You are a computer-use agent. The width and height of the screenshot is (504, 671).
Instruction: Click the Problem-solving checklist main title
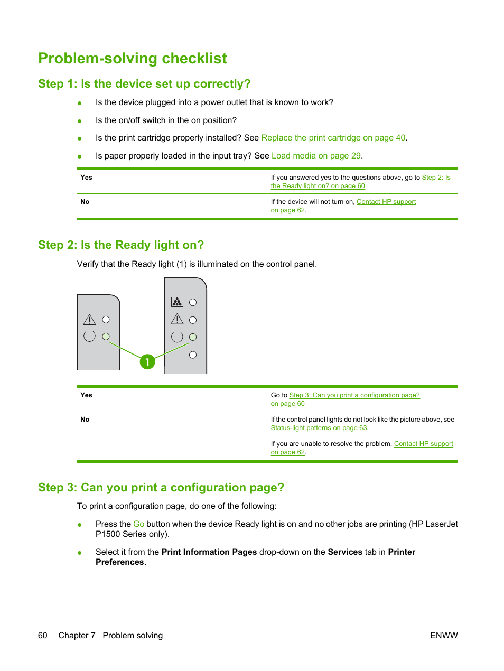[x=133, y=59]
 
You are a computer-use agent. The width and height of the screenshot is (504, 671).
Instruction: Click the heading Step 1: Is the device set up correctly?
[x=144, y=84]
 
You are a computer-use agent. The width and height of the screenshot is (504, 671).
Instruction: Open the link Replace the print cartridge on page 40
[x=333, y=138]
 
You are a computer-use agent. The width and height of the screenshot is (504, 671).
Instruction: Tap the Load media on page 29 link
[x=316, y=156]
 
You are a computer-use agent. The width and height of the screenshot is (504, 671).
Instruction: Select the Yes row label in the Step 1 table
[x=86, y=178]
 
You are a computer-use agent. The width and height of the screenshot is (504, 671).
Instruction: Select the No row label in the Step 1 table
[x=85, y=202]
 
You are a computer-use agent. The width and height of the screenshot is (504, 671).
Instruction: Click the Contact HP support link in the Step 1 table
[x=386, y=202]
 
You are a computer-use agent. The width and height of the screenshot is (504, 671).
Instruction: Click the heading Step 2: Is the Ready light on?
[x=121, y=245]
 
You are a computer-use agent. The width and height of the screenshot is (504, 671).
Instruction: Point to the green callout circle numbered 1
[x=147, y=362]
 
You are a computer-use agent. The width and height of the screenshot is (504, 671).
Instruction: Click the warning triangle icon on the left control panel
[x=89, y=320]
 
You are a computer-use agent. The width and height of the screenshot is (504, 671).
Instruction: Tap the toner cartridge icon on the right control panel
[x=177, y=302]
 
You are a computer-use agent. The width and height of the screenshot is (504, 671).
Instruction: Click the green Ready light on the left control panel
[x=106, y=337]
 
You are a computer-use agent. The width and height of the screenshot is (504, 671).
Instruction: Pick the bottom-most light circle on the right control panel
[x=193, y=355]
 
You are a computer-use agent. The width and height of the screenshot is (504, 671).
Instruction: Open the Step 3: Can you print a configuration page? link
[x=354, y=395]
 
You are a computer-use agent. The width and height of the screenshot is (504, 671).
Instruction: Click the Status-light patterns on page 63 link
[x=319, y=428]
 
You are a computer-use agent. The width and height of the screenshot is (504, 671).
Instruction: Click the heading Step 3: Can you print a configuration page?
[x=161, y=488]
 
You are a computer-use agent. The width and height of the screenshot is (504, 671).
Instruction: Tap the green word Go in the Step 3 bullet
[x=138, y=524]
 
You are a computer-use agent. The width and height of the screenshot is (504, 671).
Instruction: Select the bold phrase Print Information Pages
[x=209, y=552]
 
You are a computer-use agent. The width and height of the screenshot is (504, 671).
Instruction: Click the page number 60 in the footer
[x=43, y=636]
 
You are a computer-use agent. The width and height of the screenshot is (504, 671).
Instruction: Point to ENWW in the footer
[x=444, y=636]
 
